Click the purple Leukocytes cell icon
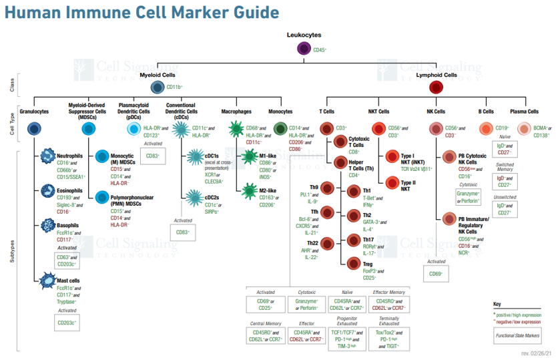point(304,48)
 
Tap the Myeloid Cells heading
point(158,75)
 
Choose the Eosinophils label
point(70,190)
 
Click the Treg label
point(368,264)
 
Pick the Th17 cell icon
point(354,240)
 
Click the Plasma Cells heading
point(524,111)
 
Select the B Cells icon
point(485,129)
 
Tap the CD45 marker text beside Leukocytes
point(320,49)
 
